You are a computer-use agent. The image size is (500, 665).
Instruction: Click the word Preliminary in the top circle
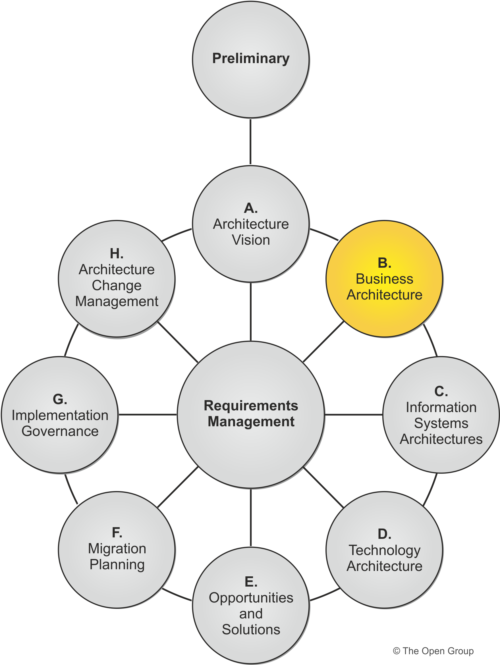pos(251,58)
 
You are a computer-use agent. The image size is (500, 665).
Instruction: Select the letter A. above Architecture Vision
pos(251,208)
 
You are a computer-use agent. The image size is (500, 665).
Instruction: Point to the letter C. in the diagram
pos(441,391)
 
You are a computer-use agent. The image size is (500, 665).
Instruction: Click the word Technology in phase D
pos(384,550)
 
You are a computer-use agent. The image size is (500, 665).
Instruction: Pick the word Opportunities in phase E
pos(251,598)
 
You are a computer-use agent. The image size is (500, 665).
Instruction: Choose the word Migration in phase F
pos(117,549)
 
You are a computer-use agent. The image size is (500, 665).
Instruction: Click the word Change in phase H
pos(117,285)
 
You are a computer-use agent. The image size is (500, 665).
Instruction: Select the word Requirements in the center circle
pos(251,406)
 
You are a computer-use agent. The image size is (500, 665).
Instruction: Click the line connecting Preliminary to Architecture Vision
pos(250,141)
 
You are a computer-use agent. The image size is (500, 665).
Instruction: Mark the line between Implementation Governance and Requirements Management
pos(147,415)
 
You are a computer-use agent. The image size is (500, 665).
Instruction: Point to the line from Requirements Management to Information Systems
pos(354,415)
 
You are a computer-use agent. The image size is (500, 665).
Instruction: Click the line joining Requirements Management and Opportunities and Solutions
pos(250,517)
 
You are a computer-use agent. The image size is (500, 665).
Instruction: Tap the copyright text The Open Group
pos(433,651)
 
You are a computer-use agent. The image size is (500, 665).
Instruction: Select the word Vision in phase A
pos(251,240)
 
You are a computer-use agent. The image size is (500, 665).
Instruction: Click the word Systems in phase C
pos(441,423)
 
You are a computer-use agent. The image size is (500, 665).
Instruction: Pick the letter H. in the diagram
pos(117,254)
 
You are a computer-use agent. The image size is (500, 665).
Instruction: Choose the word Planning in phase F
pos(117,565)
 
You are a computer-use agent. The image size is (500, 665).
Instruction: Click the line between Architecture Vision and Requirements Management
pos(250,311)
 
